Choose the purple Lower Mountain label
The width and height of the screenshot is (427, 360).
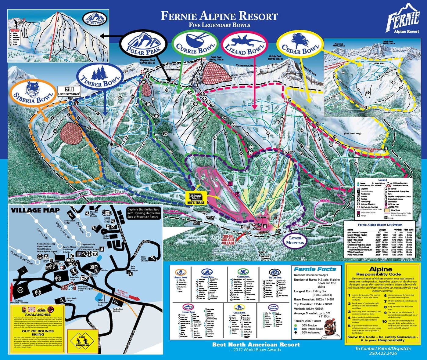pyautogui.click(x=295, y=240)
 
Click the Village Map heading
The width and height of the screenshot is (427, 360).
pyautogui.click(x=35, y=210)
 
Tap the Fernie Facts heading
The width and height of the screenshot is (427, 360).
pyautogui.click(x=315, y=269)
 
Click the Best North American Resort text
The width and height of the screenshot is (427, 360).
pyautogui.click(x=256, y=344)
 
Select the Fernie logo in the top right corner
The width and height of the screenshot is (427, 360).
pyautogui.click(x=403, y=21)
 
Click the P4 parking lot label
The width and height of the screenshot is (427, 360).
pyautogui.click(x=20, y=290)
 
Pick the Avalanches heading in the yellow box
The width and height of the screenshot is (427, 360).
pyautogui.click(x=38, y=314)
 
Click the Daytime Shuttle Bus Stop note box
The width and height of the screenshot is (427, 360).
pyautogui.click(x=143, y=213)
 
